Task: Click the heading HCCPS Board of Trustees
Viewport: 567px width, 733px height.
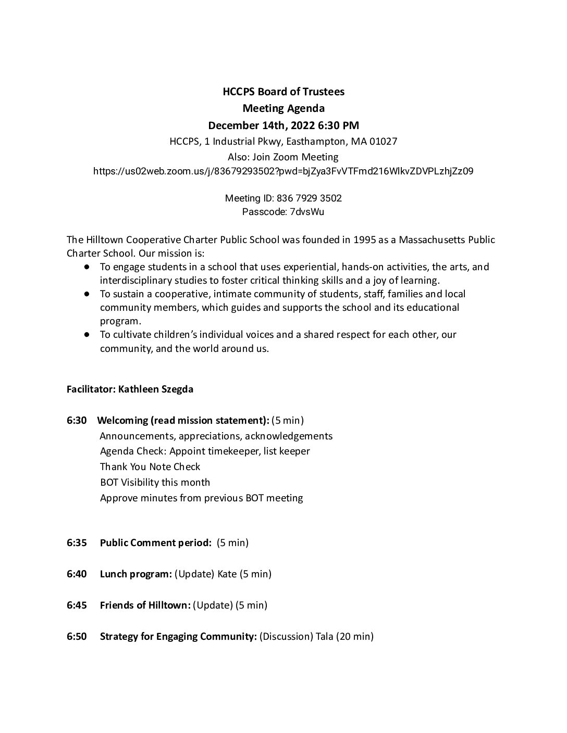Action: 283,92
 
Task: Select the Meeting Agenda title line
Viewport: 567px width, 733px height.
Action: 283,108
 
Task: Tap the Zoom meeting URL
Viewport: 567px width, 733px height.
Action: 283,171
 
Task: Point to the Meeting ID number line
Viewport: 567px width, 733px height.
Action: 283,198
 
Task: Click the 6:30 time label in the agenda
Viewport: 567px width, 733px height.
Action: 77,420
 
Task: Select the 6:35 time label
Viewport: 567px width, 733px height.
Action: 77,543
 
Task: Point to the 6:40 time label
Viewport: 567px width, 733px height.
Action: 77,574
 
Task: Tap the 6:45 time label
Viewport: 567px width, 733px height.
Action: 77,605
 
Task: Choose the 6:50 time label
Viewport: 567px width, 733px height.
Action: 77,637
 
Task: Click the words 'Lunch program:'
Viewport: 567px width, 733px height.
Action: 135,574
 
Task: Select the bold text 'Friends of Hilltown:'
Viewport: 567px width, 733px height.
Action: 145,605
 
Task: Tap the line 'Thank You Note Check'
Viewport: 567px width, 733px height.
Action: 150,467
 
